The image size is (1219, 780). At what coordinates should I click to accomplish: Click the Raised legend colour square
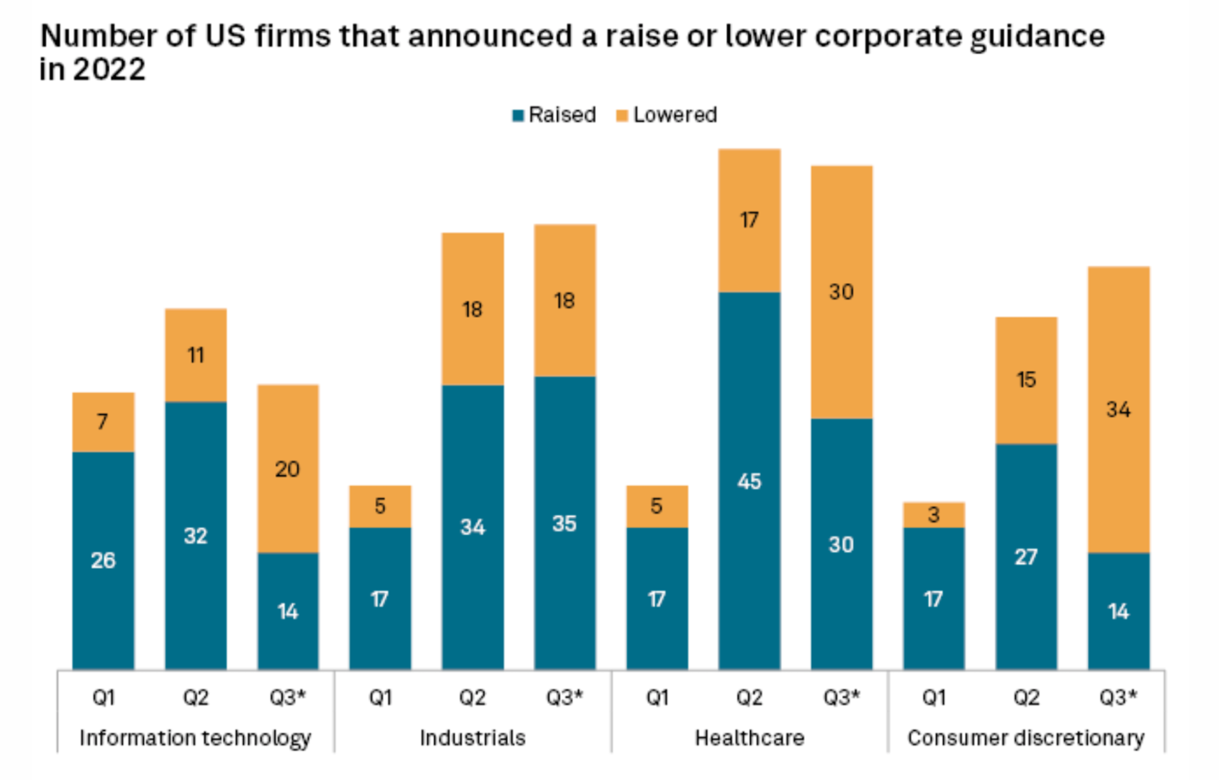click(517, 115)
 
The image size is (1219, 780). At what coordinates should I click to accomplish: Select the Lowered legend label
click(675, 115)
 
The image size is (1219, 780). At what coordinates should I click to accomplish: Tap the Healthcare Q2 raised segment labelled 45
click(749, 481)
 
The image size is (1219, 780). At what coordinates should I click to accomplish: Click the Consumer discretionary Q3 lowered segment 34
click(1118, 409)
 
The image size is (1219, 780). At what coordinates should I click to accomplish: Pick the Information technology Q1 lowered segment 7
click(103, 422)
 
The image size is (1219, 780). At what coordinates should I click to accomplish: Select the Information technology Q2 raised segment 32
click(196, 535)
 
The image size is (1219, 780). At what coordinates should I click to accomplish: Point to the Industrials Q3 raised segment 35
click(565, 523)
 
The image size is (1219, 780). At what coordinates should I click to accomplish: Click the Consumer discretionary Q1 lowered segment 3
click(934, 514)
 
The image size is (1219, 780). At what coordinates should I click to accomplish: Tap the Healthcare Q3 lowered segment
click(841, 291)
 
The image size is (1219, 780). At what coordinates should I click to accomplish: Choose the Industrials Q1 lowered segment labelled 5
click(380, 506)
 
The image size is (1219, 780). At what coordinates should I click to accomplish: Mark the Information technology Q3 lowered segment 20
click(288, 468)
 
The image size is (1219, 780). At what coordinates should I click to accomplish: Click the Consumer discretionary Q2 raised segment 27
click(1026, 556)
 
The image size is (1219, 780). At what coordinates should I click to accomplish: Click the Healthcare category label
click(749, 739)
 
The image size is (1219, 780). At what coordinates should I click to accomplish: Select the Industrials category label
click(472, 739)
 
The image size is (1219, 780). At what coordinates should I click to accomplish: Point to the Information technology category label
click(196, 739)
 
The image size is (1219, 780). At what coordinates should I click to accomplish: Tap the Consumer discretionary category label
click(1026, 739)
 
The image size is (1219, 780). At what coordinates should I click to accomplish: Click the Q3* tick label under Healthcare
click(841, 697)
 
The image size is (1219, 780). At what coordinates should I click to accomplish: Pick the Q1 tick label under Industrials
click(380, 697)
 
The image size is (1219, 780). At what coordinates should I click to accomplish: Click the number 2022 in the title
click(109, 69)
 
